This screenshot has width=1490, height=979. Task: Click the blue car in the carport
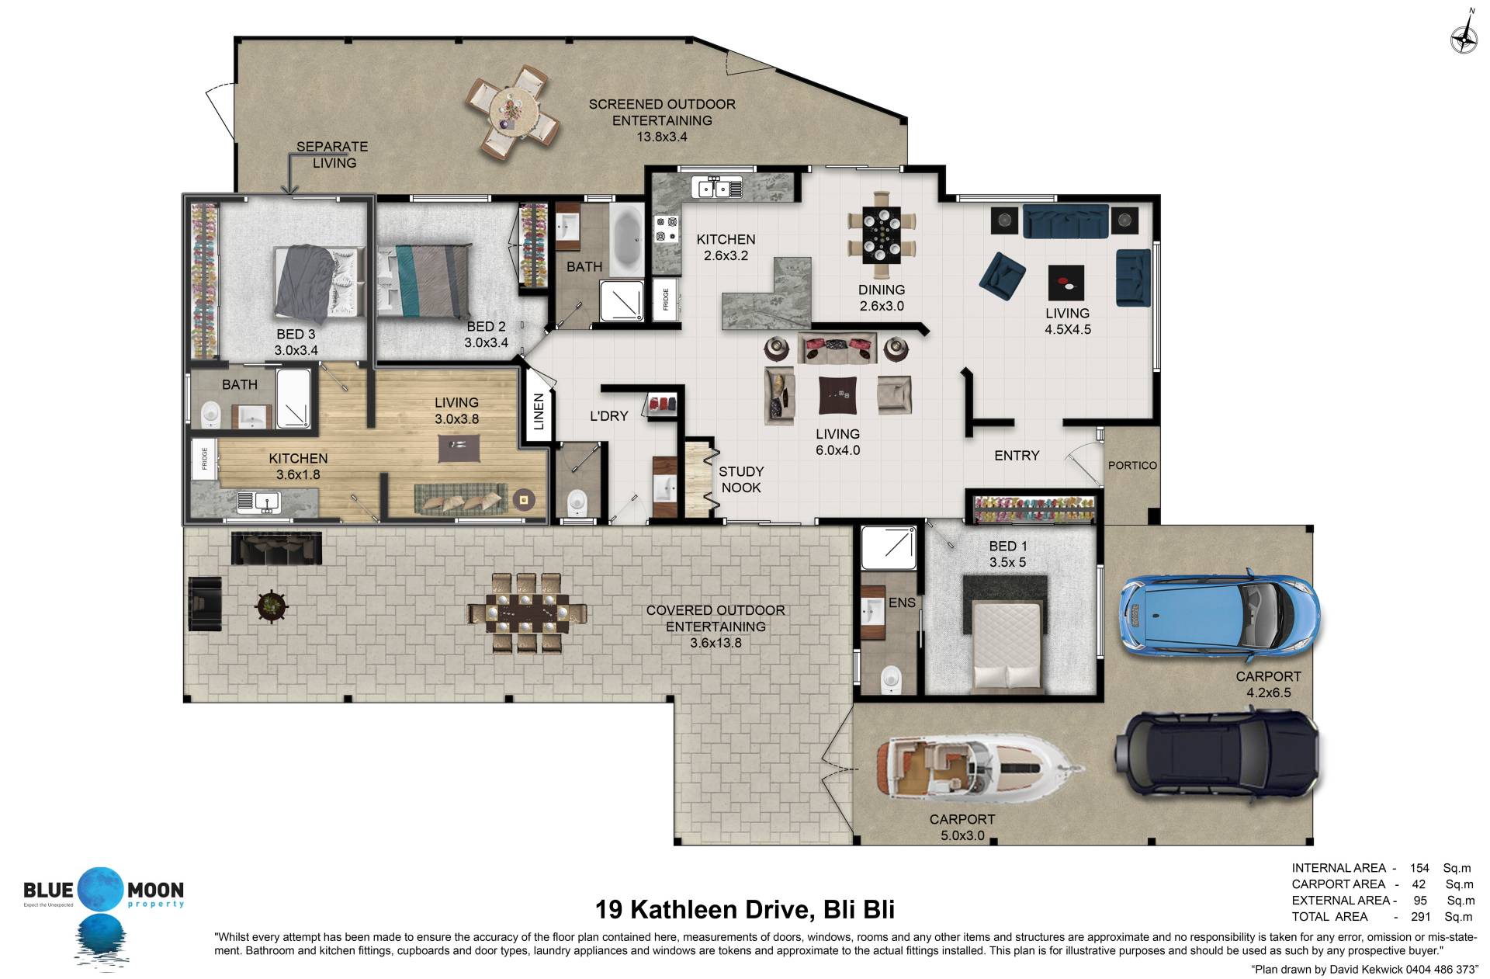pos(1218,612)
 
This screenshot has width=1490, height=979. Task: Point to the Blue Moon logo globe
pos(100,889)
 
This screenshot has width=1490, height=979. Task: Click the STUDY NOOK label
pos(740,480)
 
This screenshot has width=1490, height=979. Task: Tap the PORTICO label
pos(1132,465)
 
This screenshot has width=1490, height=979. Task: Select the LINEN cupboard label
pos(539,411)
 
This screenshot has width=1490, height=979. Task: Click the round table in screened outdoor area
pos(513,113)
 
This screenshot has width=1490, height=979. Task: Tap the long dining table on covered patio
pos(527,613)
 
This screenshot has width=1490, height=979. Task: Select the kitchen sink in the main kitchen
pos(719,187)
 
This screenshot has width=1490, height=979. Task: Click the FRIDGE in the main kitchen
pos(666,299)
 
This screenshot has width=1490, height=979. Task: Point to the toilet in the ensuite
pos(891,679)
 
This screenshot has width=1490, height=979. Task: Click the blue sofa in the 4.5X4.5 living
pos(1066,221)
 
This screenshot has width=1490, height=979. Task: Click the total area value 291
pos(1420,916)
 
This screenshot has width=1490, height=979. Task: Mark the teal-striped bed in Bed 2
pos(424,279)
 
